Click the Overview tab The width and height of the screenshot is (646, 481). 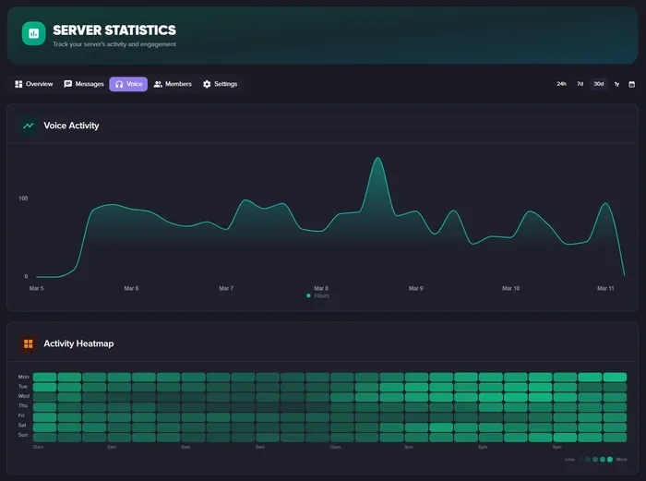coord(34,84)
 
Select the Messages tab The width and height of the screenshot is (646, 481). coord(84,84)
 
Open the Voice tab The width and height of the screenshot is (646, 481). coord(128,84)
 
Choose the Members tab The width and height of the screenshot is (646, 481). coord(173,84)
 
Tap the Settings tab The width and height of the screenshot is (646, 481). coord(220,84)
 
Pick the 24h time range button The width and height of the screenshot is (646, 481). coord(561,84)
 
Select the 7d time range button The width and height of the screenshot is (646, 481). coord(580,84)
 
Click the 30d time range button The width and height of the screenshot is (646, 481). coord(599,84)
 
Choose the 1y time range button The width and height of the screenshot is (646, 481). coord(616,84)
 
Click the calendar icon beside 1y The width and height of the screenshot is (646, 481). coord(632,84)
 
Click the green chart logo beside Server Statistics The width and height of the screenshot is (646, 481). coord(34,33)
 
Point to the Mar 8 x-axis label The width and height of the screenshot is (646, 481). coord(321,288)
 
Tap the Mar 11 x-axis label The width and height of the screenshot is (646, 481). coord(605,288)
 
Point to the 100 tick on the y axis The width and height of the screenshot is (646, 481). coord(22,198)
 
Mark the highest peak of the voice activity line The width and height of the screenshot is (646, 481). coord(377,159)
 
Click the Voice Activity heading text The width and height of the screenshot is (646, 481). coord(71,126)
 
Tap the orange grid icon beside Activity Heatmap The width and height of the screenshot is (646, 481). coord(29,343)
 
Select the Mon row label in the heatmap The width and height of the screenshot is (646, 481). coord(23,377)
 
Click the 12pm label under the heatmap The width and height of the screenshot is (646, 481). coord(336,448)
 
